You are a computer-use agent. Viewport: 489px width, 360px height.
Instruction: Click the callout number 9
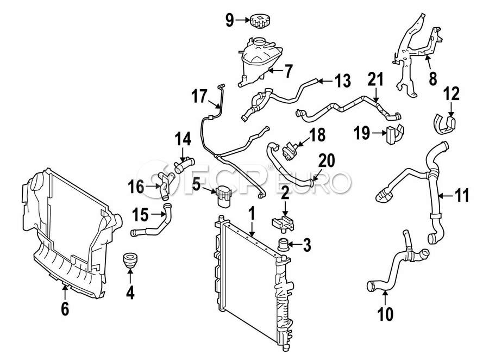coord(229,21)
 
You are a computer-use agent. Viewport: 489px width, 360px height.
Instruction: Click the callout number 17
coord(198,97)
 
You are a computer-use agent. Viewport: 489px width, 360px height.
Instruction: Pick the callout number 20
coord(327,160)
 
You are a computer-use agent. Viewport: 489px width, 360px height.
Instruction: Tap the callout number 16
coord(136,188)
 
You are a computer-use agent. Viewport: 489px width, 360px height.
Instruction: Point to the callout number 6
coord(65,309)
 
